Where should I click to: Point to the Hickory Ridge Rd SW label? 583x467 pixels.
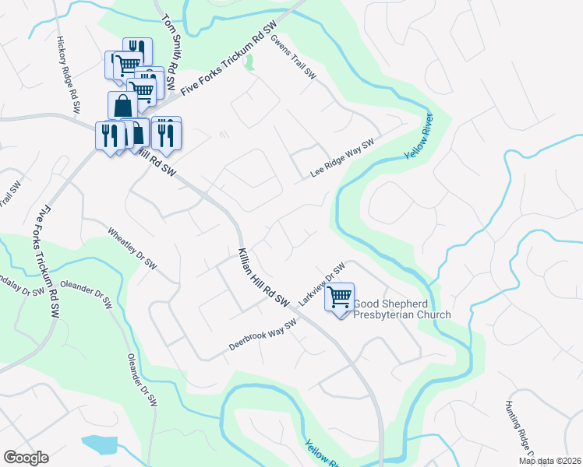(x=68, y=76)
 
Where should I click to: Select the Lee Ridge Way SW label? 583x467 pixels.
(x=343, y=159)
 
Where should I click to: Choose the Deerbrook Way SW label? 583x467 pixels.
(x=263, y=335)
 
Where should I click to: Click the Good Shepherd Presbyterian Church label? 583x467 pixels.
(x=402, y=309)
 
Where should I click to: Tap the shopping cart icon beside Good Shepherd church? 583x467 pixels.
(x=340, y=297)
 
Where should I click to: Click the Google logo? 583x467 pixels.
(x=26, y=458)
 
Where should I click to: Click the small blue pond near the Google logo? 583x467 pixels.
(x=98, y=444)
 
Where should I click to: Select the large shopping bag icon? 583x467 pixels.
(x=122, y=105)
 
